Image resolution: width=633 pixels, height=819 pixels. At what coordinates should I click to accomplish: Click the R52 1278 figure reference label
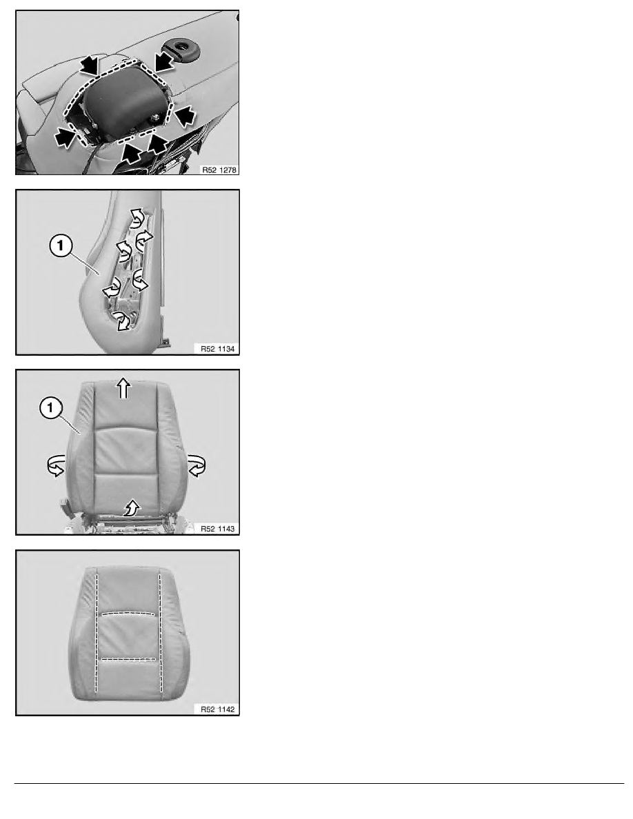click(219, 170)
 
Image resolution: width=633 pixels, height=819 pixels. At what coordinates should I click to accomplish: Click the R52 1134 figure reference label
click(218, 348)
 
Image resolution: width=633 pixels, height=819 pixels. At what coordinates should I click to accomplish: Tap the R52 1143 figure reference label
click(218, 529)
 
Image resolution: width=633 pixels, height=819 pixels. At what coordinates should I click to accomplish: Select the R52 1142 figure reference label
click(218, 709)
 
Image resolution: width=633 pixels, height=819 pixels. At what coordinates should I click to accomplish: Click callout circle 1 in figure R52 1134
click(61, 245)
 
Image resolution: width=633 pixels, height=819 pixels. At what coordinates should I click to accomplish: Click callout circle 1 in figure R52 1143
click(50, 408)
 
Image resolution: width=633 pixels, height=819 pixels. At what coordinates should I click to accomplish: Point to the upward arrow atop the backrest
click(123, 389)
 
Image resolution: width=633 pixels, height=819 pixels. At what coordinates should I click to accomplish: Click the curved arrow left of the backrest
click(56, 465)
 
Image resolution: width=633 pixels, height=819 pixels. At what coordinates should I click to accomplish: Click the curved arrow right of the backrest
click(197, 465)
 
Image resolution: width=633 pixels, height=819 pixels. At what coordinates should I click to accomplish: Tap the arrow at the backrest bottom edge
click(132, 507)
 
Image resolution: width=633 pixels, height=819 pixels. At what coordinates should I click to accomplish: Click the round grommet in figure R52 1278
click(183, 48)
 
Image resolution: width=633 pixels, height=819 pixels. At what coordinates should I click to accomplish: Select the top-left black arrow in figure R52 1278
click(90, 65)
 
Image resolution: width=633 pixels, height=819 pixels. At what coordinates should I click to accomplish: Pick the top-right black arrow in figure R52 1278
click(165, 61)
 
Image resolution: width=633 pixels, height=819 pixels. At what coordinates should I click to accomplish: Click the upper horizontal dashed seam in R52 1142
click(128, 613)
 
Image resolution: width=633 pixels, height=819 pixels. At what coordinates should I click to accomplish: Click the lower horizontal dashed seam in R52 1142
click(128, 658)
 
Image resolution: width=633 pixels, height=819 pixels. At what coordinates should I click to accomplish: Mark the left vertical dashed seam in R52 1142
click(97, 633)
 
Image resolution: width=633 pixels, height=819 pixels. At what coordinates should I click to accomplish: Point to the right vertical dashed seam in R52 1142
click(161, 633)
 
